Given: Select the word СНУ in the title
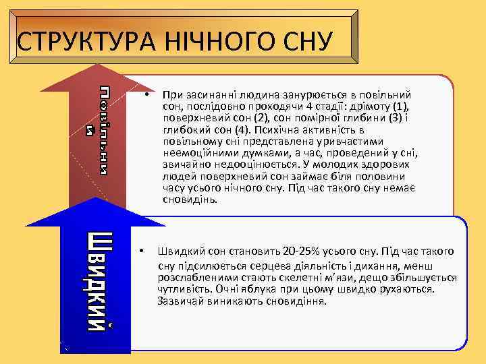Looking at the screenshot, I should (301, 42).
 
